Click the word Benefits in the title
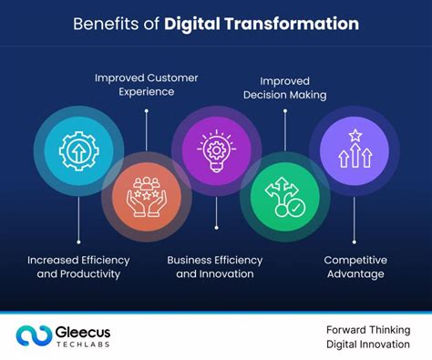(x=105, y=24)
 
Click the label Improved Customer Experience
(x=146, y=85)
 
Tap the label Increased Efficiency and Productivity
(x=77, y=266)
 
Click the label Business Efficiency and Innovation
(x=215, y=266)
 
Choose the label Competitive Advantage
(x=354, y=266)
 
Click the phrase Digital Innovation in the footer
(x=368, y=345)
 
